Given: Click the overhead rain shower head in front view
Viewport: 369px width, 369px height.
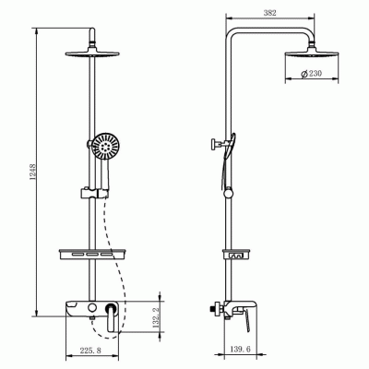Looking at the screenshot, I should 94,51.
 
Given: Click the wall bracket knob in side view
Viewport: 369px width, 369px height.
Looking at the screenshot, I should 212,143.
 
